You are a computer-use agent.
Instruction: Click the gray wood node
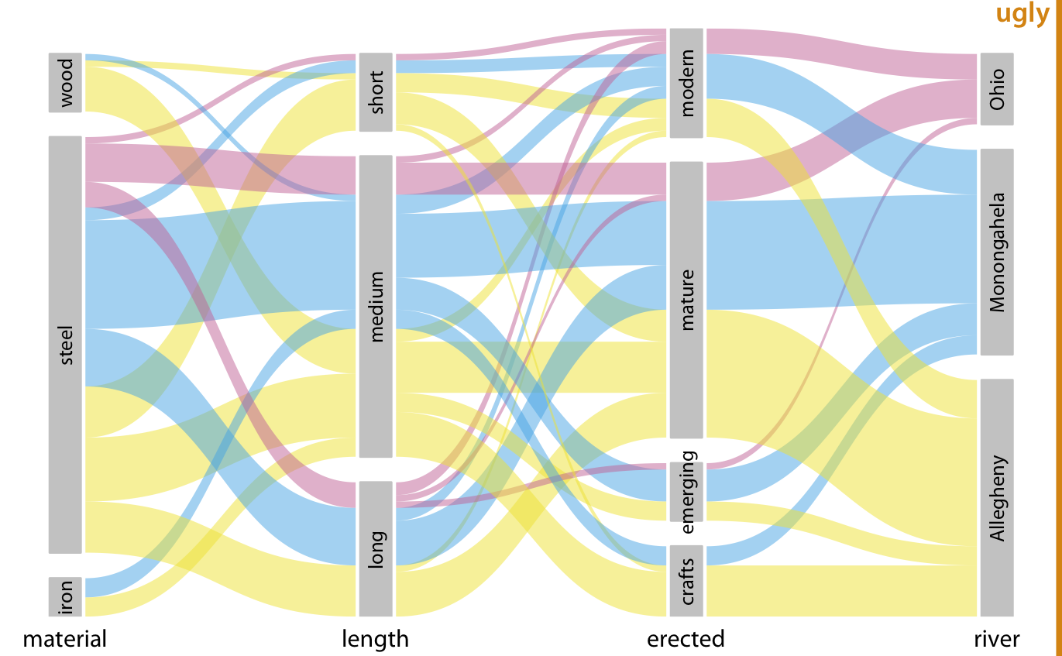65,82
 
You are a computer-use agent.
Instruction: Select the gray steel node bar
65,345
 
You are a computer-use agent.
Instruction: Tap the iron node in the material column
65,596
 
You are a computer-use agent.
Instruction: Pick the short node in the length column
376,92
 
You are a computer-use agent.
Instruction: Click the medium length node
376,306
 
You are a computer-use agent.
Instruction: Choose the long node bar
376,548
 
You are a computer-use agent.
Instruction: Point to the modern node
686,83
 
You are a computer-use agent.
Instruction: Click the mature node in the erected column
686,300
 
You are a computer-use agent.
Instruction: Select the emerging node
686,492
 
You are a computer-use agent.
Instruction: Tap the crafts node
686,581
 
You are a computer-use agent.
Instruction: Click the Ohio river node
997,89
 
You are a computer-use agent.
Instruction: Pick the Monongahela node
997,252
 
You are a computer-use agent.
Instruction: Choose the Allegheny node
997,497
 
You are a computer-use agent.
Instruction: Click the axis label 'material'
64,639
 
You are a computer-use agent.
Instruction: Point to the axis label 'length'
376,639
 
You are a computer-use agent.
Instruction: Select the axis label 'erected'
686,639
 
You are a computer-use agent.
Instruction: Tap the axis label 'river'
997,639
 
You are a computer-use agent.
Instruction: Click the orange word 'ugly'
1022,13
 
